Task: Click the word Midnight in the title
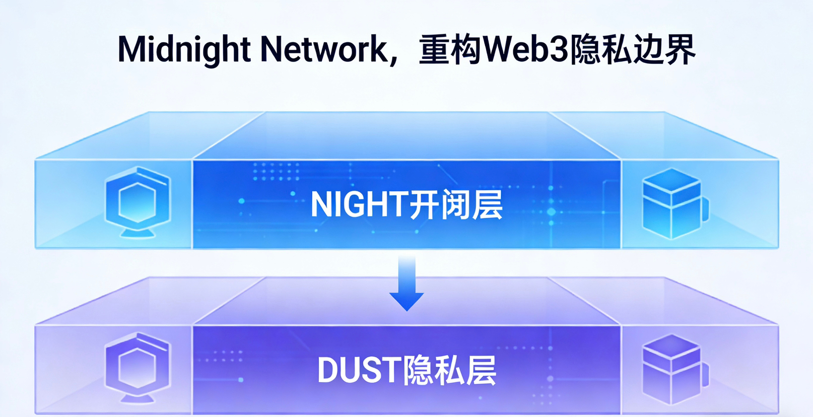click(x=184, y=49)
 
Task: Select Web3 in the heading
click(x=526, y=49)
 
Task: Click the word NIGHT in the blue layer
click(x=358, y=204)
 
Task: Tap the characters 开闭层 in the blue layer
click(x=456, y=204)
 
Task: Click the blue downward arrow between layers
click(x=406, y=282)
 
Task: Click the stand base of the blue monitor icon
click(x=138, y=234)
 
